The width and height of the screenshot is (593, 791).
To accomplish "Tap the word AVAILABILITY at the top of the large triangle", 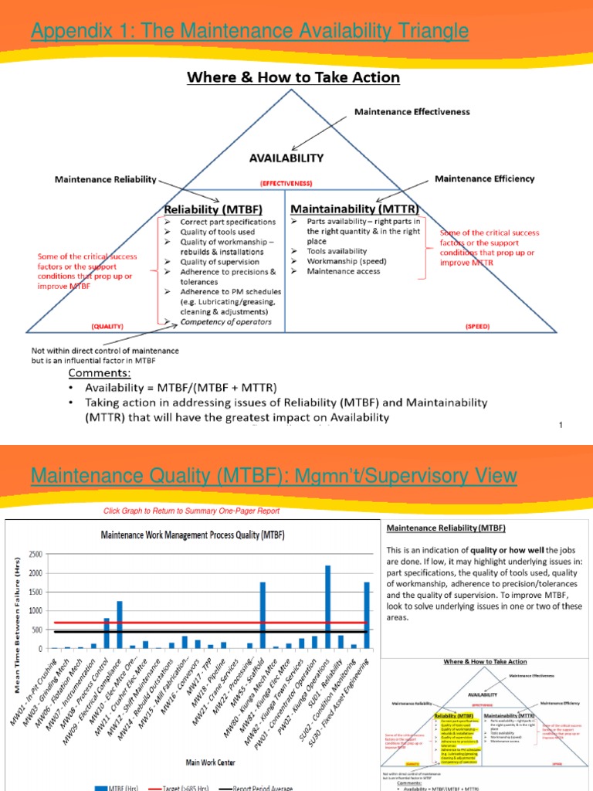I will tap(286, 158).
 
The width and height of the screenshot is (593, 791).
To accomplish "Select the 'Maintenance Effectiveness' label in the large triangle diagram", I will tap(412, 111).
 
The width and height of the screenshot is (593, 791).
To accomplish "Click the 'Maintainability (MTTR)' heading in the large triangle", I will tap(354, 209).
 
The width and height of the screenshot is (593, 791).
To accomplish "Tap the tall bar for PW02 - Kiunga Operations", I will tap(327, 607).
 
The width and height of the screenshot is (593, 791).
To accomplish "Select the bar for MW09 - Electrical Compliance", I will tap(120, 624).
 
